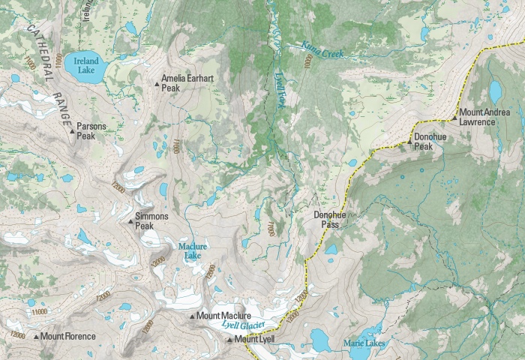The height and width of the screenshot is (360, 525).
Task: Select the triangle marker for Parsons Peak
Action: pos(72,133)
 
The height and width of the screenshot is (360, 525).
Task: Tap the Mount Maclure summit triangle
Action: pos(191,317)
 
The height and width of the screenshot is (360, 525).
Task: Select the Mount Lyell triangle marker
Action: pos(229,340)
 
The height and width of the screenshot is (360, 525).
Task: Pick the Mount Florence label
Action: pos(68,337)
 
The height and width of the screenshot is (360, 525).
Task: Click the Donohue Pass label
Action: pos(329,219)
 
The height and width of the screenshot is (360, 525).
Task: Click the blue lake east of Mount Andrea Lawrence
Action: pos(495,91)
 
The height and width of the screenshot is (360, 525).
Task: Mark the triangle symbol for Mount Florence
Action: pos(35,337)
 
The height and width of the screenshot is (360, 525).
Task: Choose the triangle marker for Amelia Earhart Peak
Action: pos(157,84)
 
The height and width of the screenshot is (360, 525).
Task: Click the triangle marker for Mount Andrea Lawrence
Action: pos(454,118)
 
